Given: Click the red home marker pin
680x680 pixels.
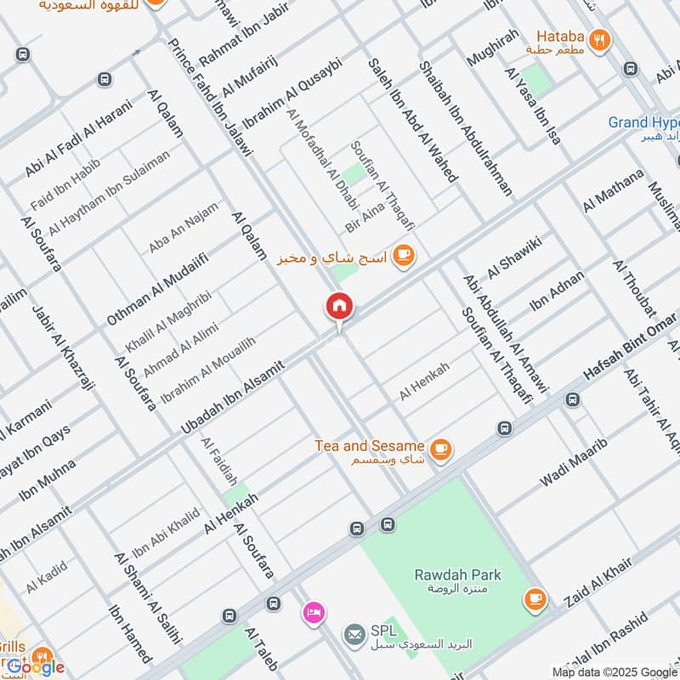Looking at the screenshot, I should pyautogui.click(x=339, y=308).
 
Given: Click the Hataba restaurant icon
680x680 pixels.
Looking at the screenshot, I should pyautogui.click(x=600, y=40).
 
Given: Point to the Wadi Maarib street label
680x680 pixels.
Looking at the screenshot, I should pyautogui.click(x=574, y=463).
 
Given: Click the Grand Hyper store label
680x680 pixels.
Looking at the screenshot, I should pyautogui.click(x=643, y=122).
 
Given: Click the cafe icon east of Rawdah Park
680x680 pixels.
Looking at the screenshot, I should pyautogui.click(x=535, y=600).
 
